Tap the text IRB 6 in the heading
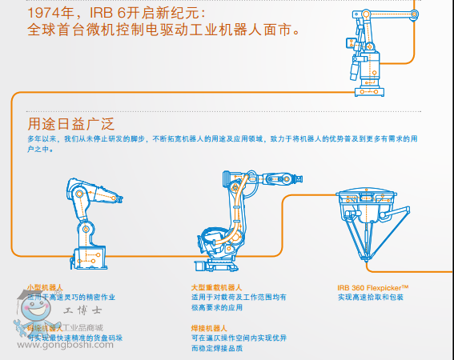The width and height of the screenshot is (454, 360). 98,14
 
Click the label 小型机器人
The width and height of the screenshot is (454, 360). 44,286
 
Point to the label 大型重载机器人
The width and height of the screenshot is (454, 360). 216,286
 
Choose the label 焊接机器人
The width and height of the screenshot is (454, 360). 209,328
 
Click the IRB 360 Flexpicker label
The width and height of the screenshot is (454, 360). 373,286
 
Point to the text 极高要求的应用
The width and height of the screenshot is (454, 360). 215,307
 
